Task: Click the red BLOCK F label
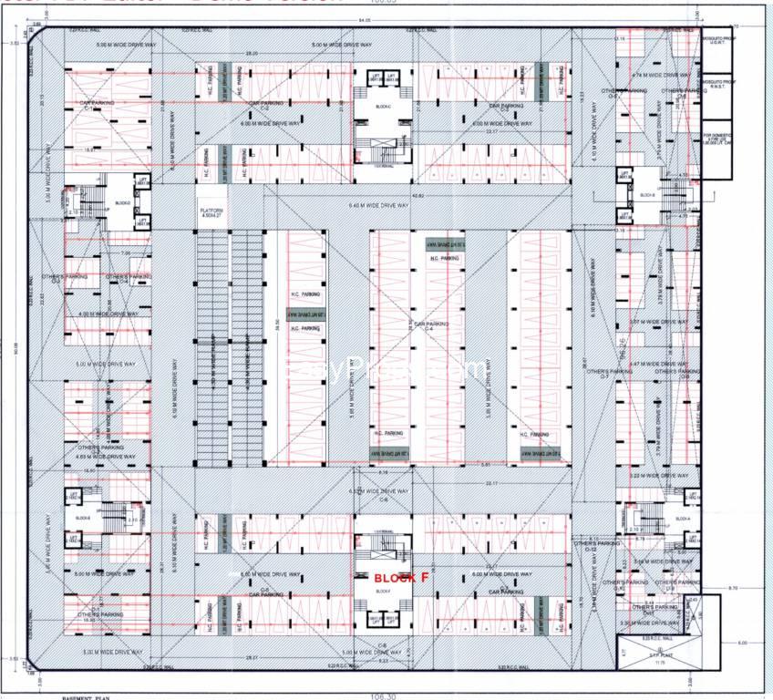(x=401, y=578)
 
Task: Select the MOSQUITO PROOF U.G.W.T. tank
(x=716, y=46)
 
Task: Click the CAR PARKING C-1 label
(x=93, y=106)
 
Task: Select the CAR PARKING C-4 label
(x=430, y=324)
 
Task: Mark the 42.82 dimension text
(x=418, y=196)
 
